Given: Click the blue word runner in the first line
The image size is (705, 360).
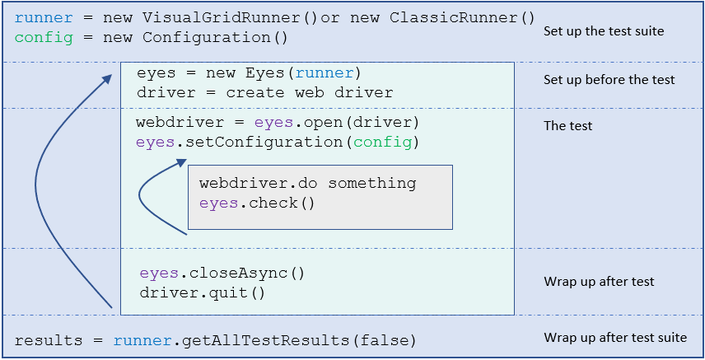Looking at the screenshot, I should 39,17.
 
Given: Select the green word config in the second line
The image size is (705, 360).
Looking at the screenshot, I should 39,38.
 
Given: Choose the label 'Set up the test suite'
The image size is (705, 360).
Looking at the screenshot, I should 604,31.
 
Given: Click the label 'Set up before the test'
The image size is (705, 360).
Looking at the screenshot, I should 609,80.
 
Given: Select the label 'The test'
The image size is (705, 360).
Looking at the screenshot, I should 568,126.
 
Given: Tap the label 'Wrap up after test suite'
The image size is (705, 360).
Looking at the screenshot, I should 614,338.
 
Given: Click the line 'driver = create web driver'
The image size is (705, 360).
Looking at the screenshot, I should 264,92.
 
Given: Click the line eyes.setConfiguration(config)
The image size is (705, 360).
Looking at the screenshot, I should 278,143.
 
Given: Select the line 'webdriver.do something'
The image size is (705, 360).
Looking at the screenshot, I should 307,183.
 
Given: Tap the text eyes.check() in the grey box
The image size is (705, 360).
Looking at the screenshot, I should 257,203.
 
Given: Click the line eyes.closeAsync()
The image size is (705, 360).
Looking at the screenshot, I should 222,274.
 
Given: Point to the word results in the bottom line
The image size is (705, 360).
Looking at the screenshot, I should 50,340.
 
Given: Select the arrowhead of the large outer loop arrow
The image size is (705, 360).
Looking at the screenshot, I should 108,77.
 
